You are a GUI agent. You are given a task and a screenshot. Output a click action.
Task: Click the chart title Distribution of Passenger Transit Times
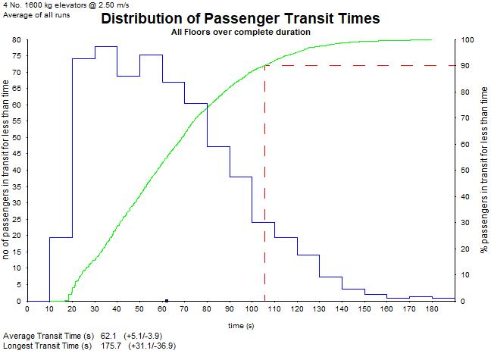[x=240, y=19]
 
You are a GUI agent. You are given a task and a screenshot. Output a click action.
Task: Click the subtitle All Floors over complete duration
[x=240, y=33]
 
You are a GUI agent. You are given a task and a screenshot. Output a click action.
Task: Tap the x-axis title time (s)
[x=242, y=325]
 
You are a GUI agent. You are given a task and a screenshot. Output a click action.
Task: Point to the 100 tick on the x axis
[x=252, y=308]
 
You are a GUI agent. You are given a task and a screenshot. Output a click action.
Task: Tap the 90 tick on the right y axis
[x=467, y=66]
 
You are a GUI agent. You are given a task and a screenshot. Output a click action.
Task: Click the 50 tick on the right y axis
[x=467, y=171]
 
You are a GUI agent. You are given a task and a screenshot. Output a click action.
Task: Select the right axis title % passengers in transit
[x=483, y=171]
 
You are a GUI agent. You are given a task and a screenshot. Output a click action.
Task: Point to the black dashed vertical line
[x=264, y=189]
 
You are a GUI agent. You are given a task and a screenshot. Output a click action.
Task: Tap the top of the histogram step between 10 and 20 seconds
[x=61, y=237]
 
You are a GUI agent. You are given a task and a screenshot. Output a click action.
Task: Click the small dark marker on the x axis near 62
[x=166, y=300]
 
